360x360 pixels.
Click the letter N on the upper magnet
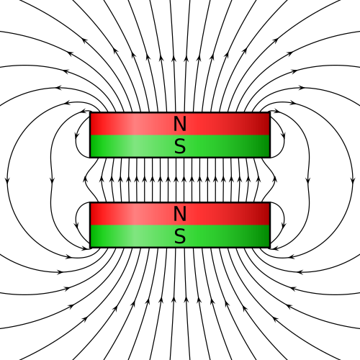pos(180,124)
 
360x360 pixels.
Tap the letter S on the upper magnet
pos(180,146)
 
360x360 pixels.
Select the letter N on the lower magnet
pos(180,214)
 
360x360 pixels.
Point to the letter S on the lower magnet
pos(180,236)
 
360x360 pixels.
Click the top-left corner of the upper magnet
pos(90,112)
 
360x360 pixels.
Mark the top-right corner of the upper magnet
pos(270,112)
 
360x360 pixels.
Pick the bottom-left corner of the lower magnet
pos(90,248)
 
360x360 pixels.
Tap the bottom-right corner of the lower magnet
pos(270,248)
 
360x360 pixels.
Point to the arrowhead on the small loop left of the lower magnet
pos(77,225)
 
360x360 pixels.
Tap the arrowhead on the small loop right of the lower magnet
pos(284,225)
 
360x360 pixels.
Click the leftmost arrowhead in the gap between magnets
pos(85,179)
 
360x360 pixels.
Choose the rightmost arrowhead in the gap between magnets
pos(275,179)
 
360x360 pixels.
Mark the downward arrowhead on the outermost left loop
pos(7,180)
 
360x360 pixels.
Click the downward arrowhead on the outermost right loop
pos(353,180)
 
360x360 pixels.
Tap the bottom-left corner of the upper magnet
pos(90,158)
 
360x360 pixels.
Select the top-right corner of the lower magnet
pos(270,202)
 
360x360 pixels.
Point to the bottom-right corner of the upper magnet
pos(270,158)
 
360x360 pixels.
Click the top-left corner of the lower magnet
pos(90,202)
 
